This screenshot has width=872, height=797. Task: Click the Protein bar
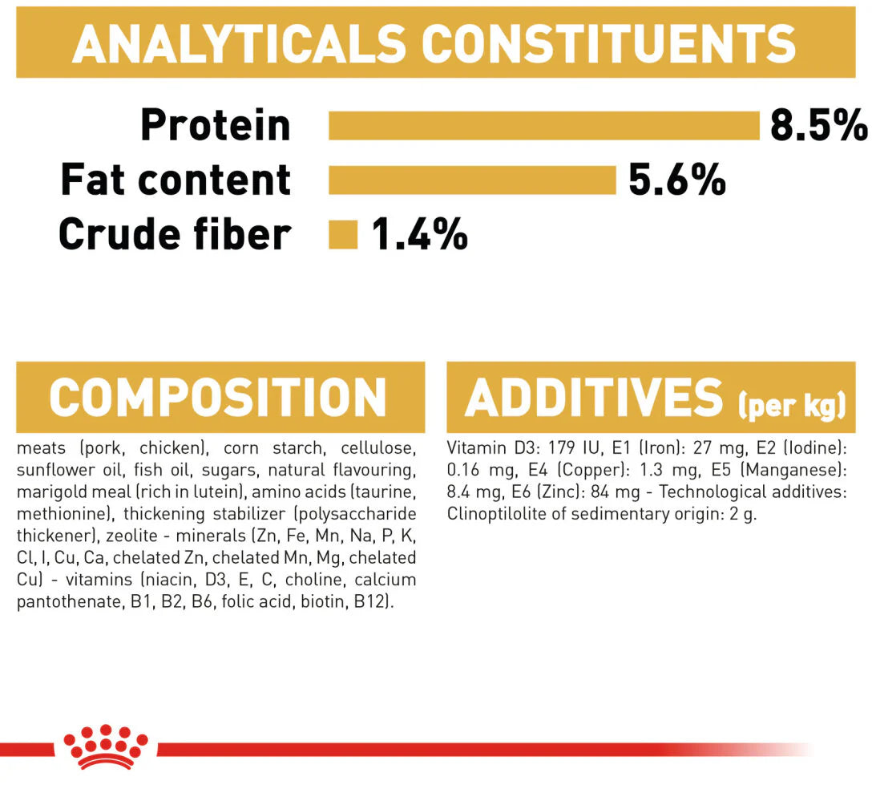point(544,126)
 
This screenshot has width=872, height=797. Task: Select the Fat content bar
point(472,180)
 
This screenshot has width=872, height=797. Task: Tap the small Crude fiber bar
point(343,235)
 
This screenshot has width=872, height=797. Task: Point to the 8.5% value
point(818,126)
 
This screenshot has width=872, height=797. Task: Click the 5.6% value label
point(676,180)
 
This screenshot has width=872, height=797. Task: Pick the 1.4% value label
point(419,235)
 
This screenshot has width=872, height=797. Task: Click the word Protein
point(216,126)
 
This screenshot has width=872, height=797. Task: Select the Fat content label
point(176,180)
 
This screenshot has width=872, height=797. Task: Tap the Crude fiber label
point(175,235)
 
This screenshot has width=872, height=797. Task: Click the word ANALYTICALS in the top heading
point(239,44)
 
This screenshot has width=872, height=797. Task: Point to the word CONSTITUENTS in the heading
point(609,44)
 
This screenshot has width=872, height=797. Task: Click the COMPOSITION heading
point(217,397)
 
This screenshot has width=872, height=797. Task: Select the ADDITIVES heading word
point(594,397)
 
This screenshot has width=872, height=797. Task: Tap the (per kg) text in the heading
point(792,406)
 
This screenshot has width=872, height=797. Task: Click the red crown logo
point(106,747)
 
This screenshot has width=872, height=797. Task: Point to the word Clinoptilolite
point(496,514)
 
